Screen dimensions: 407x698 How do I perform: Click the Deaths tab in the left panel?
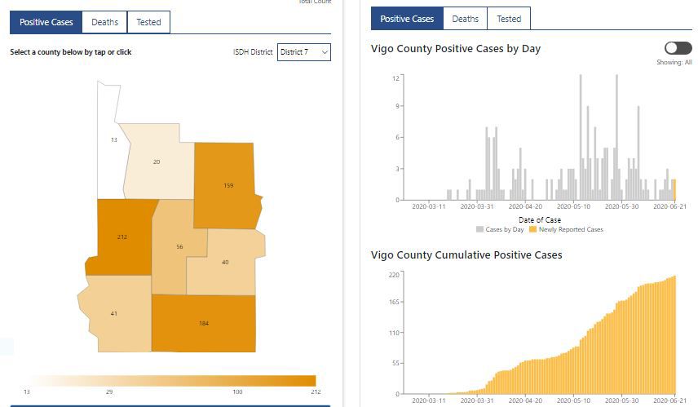pyautogui.click(x=104, y=22)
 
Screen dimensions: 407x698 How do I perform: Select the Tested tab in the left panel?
pyautogui.click(x=148, y=22)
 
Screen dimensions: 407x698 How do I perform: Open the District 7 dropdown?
pyautogui.click(x=304, y=52)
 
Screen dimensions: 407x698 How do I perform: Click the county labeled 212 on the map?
pyautogui.click(x=122, y=237)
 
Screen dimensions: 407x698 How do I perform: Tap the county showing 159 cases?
pyautogui.click(x=228, y=186)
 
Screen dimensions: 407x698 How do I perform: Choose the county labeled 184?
pyautogui.click(x=204, y=323)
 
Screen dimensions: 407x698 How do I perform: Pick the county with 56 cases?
pyautogui.click(x=179, y=246)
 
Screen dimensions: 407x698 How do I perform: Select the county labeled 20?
pyautogui.click(x=157, y=161)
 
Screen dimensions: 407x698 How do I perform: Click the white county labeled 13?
pyautogui.click(x=113, y=140)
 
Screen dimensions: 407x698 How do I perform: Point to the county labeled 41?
pyautogui.click(x=114, y=313)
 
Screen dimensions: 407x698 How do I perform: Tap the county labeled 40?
pyautogui.click(x=225, y=262)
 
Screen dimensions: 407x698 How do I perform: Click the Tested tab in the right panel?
pyautogui.click(x=509, y=19)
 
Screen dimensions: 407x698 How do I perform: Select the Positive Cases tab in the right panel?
pyautogui.click(x=407, y=19)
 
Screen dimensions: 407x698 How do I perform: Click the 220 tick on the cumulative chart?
pyautogui.click(x=393, y=275)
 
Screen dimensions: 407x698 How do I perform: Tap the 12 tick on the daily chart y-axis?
pyautogui.click(x=395, y=78)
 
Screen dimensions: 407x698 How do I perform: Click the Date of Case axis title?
pyautogui.click(x=539, y=220)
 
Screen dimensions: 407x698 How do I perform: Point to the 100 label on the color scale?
pyautogui.click(x=237, y=392)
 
